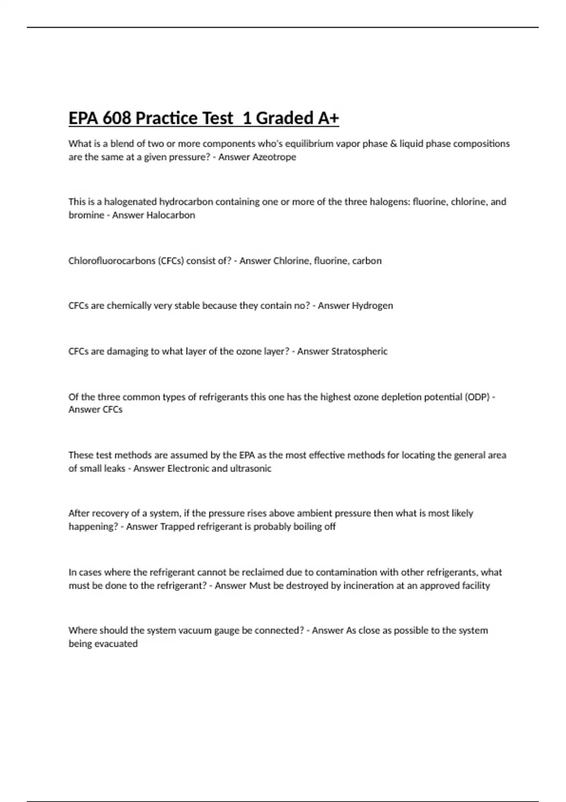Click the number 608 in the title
coord(117,118)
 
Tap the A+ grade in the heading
coord(328,118)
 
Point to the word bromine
coord(86,215)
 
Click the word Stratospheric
coord(359,351)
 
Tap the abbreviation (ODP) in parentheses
coord(477,397)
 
